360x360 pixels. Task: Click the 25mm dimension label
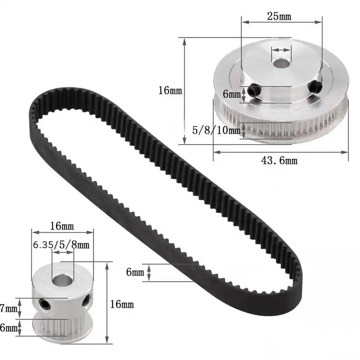[279, 17]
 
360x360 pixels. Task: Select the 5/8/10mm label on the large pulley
[216, 130]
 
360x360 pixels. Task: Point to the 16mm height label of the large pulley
[170, 90]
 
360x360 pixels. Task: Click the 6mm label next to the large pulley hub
[231, 94]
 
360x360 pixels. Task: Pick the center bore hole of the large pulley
[282, 63]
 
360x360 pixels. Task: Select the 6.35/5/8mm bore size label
[61, 245]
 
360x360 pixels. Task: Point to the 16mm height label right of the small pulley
[122, 305]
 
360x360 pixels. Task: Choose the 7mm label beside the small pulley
[9, 309]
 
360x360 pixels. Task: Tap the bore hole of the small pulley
[60, 280]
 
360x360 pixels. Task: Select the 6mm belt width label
[135, 272]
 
